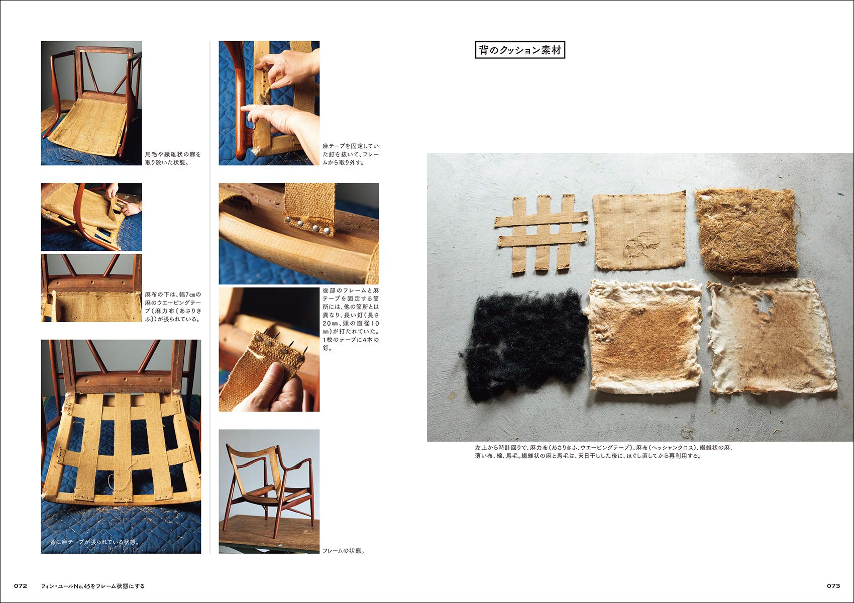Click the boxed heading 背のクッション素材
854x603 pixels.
520,50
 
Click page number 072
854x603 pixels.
20,586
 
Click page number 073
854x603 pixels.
833,586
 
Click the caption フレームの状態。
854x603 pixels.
344,551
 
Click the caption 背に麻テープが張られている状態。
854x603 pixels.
95,542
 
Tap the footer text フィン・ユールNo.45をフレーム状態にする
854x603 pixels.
93,586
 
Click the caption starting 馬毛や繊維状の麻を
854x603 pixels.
173,158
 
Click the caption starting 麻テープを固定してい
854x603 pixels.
351,154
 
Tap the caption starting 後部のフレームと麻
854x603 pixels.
351,319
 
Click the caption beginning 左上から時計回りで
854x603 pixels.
603,452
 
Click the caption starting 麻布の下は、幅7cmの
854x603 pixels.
173,307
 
